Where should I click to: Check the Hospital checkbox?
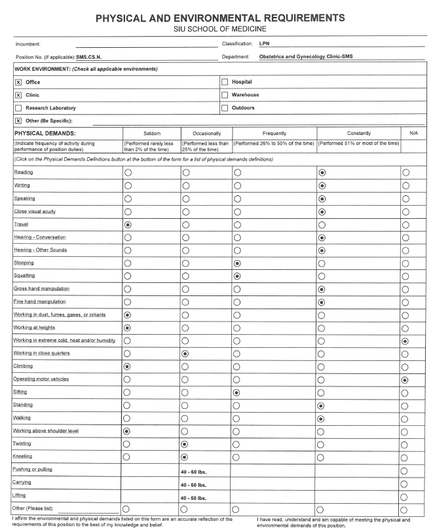[225, 82]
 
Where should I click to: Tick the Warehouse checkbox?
[225, 95]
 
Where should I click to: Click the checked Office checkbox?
[18, 82]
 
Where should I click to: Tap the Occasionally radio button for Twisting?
[185, 443]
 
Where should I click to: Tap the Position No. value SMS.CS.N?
[92, 56]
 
